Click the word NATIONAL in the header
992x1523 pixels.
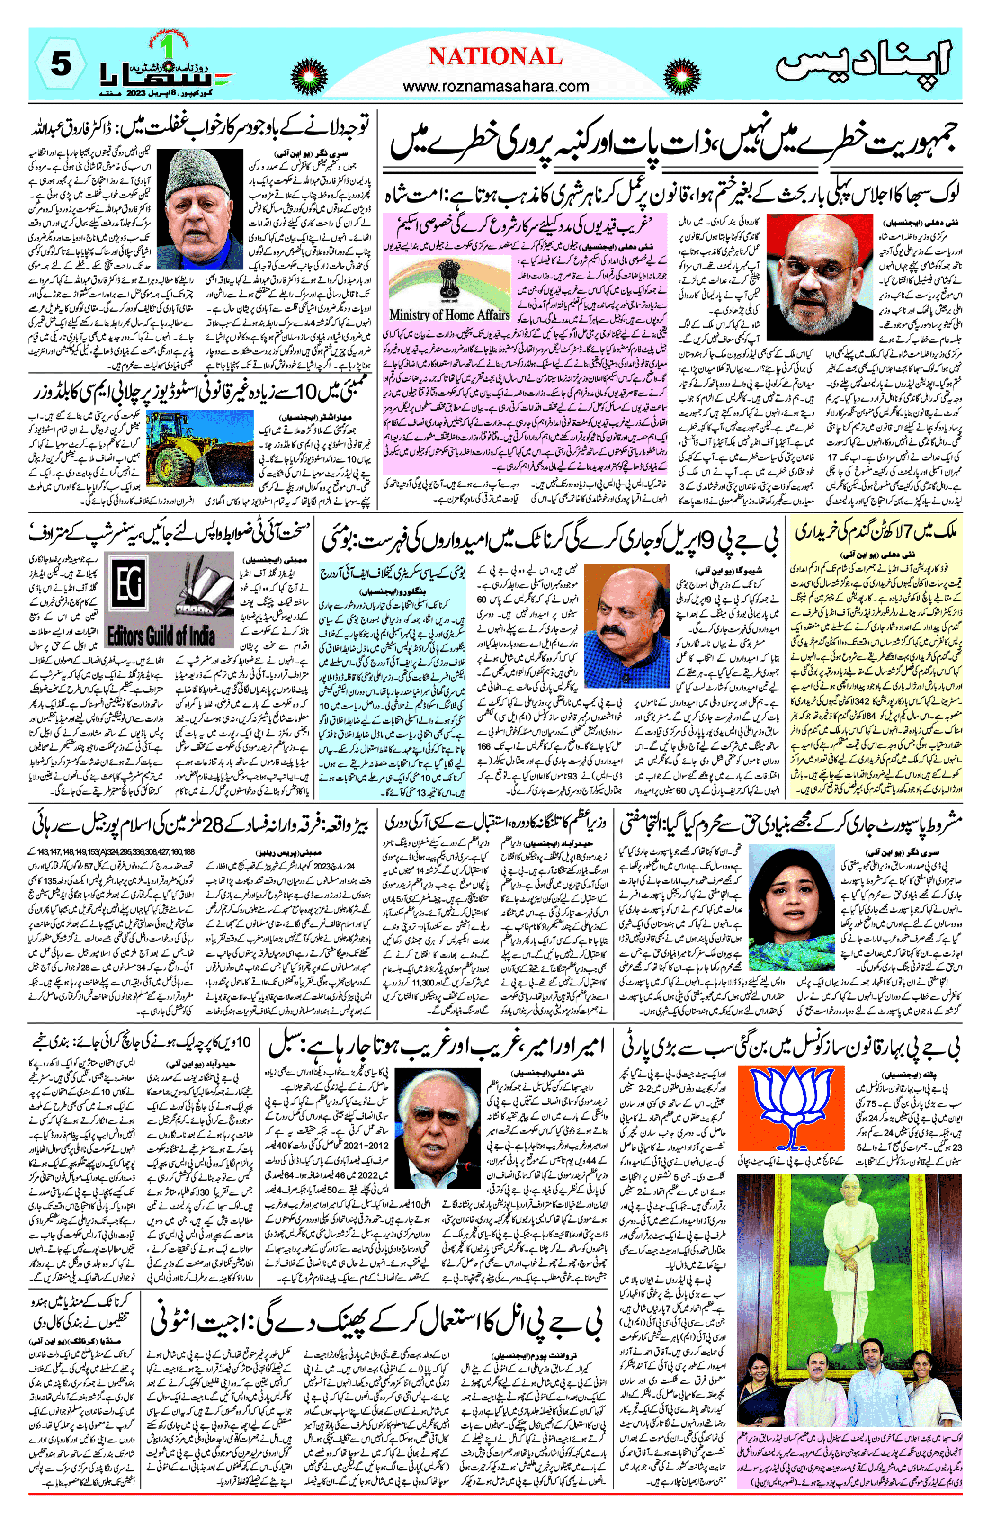click(495, 57)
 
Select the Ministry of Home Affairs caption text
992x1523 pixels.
click(449, 315)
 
